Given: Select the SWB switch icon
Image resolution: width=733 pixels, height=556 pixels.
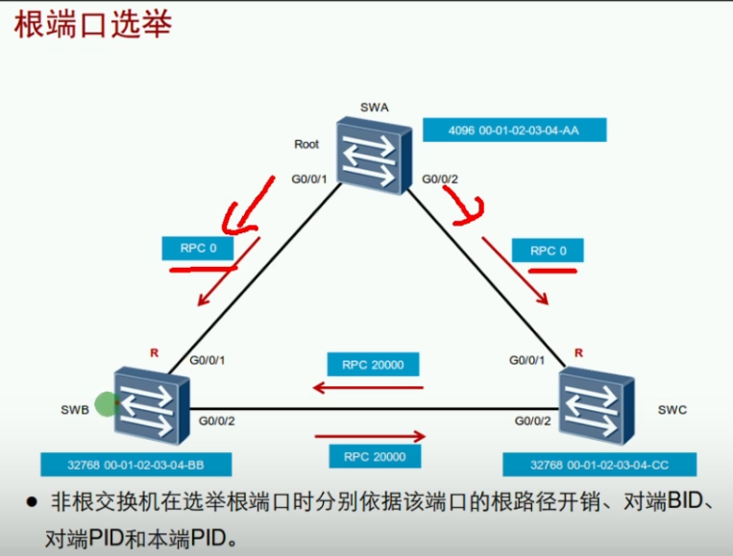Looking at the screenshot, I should click(x=150, y=402).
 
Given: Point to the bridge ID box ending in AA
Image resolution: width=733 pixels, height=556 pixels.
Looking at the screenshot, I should click(x=514, y=130).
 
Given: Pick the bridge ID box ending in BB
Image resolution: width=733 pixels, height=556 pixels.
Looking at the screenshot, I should click(x=135, y=465).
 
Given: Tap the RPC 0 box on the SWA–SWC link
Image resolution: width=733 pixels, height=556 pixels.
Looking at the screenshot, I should click(x=544, y=251).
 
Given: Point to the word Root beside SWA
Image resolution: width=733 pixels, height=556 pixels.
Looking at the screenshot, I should click(x=306, y=144).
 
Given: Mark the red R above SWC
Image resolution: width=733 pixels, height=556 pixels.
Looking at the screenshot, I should click(x=578, y=352).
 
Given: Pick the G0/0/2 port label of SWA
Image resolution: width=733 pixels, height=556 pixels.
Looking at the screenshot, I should click(x=440, y=179).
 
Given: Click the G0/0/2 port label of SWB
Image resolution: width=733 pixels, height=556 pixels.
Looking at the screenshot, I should click(x=217, y=421).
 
